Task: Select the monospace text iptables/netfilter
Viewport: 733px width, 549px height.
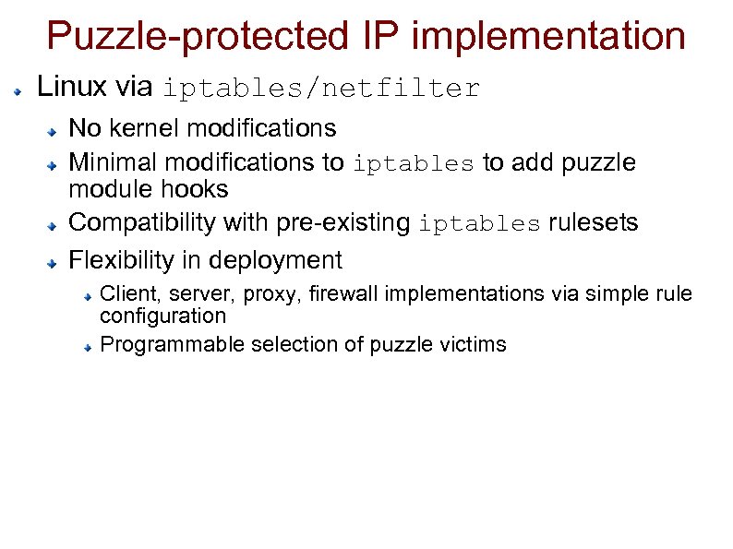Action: pyautogui.click(x=321, y=89)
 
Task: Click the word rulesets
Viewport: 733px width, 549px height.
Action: pyautogui.click(x=592, y=223)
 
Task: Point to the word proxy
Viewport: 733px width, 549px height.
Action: pyautogui.click(x=277, y=295)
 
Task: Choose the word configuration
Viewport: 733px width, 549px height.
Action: pyautogui.click(x=162, y=316)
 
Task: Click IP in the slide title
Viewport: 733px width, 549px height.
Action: pyautogui.click(x=370, y=37)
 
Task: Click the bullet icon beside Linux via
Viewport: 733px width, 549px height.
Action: pyautogui.click(x=18, y=92)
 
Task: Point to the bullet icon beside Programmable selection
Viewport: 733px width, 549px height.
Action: pyautogui.click(x=85, y=349)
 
